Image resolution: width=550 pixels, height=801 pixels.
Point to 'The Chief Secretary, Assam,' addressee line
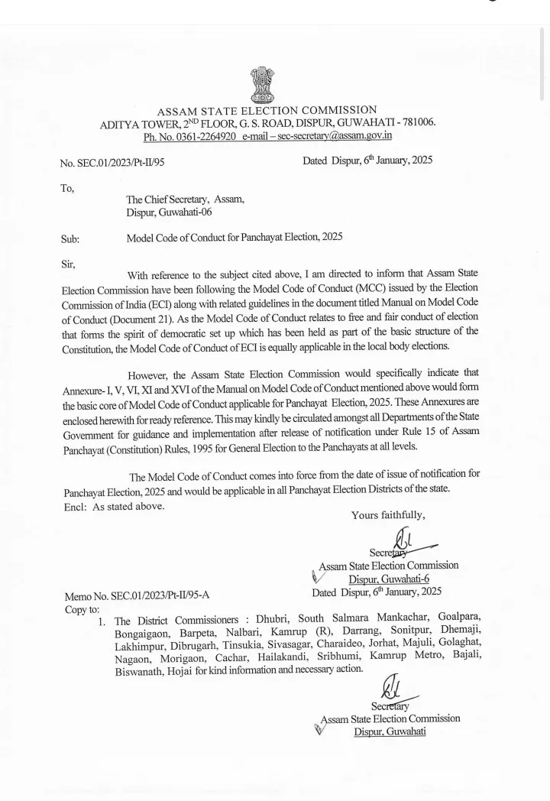(186, 199)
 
